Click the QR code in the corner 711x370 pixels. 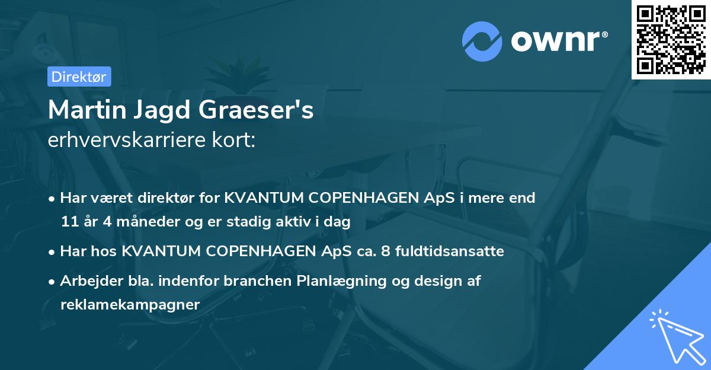(671, 39)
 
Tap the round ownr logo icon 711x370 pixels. (482, 42)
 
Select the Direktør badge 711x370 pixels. (79, 76)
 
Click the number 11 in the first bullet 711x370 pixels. (69, 222)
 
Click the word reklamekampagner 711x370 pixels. (130, 305)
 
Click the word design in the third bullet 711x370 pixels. (430, 282)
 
